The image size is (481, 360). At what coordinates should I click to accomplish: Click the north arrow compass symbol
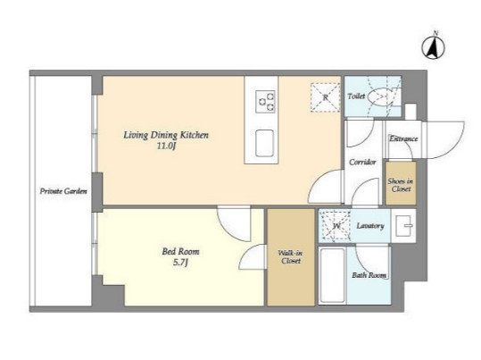point(433,47)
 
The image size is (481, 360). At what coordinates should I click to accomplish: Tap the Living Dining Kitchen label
point(166,135)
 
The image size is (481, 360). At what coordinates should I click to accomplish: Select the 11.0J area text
point(166,146)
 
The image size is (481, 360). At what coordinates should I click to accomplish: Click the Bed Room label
point(180,252)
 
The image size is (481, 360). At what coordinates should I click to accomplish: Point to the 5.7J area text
point(180,263)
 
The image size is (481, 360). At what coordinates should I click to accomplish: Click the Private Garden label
point(63,191)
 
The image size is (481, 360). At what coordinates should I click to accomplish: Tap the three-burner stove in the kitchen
point(265,101)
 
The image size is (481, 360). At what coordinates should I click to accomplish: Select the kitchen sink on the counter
point(264,143)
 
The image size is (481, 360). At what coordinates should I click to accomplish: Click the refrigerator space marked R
point(325,97)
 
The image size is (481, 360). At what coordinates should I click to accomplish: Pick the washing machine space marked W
point(335,226)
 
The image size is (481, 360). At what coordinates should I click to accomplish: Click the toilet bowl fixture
point(380,97)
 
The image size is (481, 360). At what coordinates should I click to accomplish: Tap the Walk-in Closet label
point(291,257)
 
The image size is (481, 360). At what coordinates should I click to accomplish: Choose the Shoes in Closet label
point(401,185)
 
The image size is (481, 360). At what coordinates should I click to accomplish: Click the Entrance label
point(403,138)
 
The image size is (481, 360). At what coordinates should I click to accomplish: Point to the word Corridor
point(362,162)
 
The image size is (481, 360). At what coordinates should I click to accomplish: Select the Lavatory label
point(370,226)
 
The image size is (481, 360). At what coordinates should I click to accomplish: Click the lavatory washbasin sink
point(403,226)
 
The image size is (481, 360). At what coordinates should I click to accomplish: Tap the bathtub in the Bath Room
point(332,275)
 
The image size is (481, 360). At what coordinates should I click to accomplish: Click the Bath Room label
point(369,275)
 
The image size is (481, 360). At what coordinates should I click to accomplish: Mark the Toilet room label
point(356,96)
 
